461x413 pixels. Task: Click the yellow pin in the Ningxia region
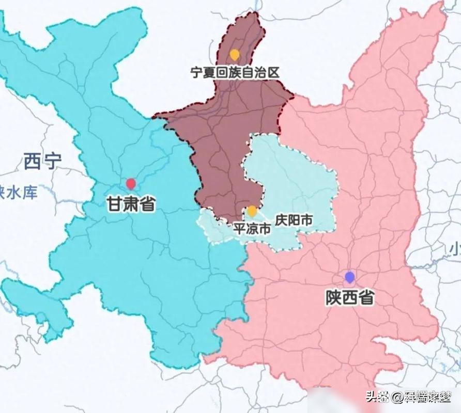235,54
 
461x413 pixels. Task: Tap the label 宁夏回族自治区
235,72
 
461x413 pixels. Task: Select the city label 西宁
42,162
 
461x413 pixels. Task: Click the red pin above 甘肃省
131,183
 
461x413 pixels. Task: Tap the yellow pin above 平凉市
252,211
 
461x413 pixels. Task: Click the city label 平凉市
252,229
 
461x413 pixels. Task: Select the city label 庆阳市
294,220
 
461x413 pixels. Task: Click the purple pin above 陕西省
350,277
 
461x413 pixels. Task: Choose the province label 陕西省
350,297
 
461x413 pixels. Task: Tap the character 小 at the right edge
455,249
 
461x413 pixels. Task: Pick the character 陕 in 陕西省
333,297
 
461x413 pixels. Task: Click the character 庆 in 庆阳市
281,220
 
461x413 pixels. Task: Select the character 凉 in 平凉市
252,229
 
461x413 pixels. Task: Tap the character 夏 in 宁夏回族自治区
209,72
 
